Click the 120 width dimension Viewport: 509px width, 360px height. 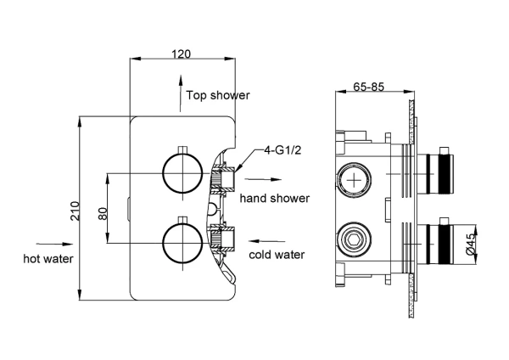point(181,53)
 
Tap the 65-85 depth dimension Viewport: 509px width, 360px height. point(370,87)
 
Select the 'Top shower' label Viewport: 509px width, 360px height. point(218,95)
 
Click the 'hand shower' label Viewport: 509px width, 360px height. point(274,198)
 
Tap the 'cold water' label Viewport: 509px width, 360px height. point(277,254)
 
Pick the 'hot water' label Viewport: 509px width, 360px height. point(48,257)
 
